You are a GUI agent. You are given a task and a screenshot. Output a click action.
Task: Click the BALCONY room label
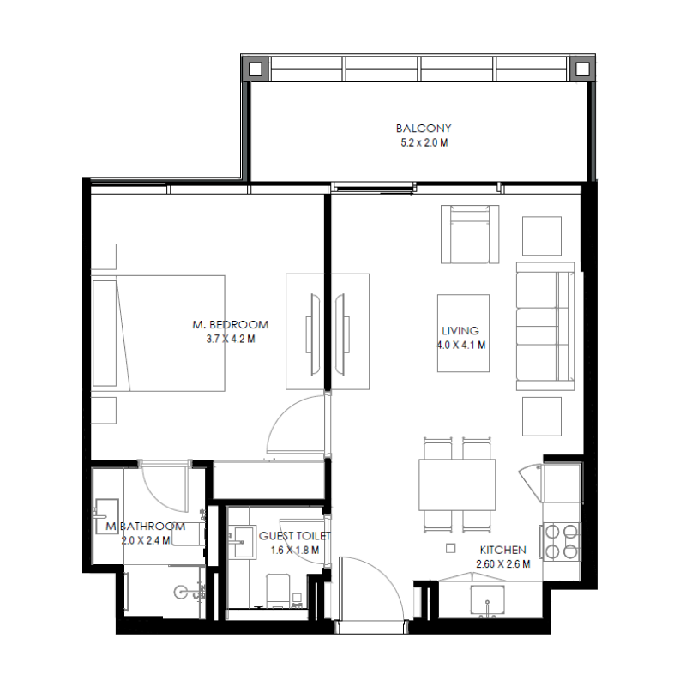tap(423, 129)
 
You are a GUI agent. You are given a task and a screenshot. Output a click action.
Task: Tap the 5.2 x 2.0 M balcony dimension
tap(423, 142)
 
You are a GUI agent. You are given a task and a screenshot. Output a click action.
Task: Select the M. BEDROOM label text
tap(230, 325)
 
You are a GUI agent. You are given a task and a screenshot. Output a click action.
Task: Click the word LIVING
tap(460, 331)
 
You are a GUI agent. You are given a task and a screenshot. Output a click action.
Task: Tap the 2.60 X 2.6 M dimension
tap(502, 564)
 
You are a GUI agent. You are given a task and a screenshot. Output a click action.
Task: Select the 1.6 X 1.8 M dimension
tap(294, 550)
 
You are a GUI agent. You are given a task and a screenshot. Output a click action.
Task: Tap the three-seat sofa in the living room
tap(545, 325)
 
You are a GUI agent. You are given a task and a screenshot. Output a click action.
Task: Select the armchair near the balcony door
tap(468, 234)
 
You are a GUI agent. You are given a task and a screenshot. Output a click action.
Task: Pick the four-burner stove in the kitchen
tap(561, 540)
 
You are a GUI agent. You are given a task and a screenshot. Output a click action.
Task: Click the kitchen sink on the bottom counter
tap(488, 601)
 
